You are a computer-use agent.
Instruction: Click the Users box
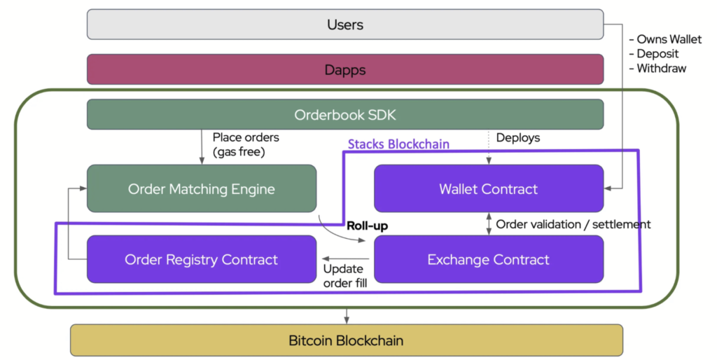[345, 25]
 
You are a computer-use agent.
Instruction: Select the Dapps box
[345, 69]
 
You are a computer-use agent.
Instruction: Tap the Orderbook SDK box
[345, 114]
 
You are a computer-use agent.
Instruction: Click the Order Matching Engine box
[202, 188]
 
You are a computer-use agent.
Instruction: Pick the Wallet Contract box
[489, 188]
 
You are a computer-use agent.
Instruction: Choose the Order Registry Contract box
[202, 259]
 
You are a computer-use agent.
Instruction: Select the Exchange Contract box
[489, 259]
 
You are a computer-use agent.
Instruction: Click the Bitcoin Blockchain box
[346, 340]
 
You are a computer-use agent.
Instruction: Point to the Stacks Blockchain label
[398, 144]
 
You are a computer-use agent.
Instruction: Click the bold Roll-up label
[367, 226]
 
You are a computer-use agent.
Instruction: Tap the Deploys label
[518, 138]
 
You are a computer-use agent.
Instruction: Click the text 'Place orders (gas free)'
[246, 144]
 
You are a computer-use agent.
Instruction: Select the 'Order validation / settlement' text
[573, 224]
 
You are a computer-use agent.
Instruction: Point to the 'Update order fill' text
[345, 276]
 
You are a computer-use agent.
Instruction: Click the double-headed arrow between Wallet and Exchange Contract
[489, 224]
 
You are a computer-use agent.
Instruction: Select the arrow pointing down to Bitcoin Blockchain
[347, 316]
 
